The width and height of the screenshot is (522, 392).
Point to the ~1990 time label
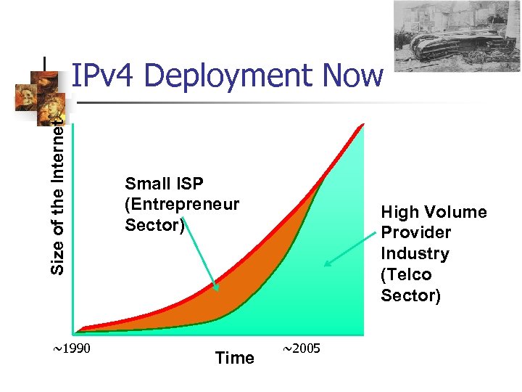point(72,349)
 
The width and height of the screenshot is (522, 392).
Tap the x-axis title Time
point(235,358)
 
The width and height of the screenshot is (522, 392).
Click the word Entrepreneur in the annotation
point(182,204)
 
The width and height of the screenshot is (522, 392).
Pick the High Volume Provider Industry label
point(434,232)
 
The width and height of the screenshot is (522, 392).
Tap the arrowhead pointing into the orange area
point(215,288)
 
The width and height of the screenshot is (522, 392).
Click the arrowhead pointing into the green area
point(328,263)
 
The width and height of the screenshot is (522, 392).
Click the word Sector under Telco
point(410,295)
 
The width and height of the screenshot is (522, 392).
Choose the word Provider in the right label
point(416,232)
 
